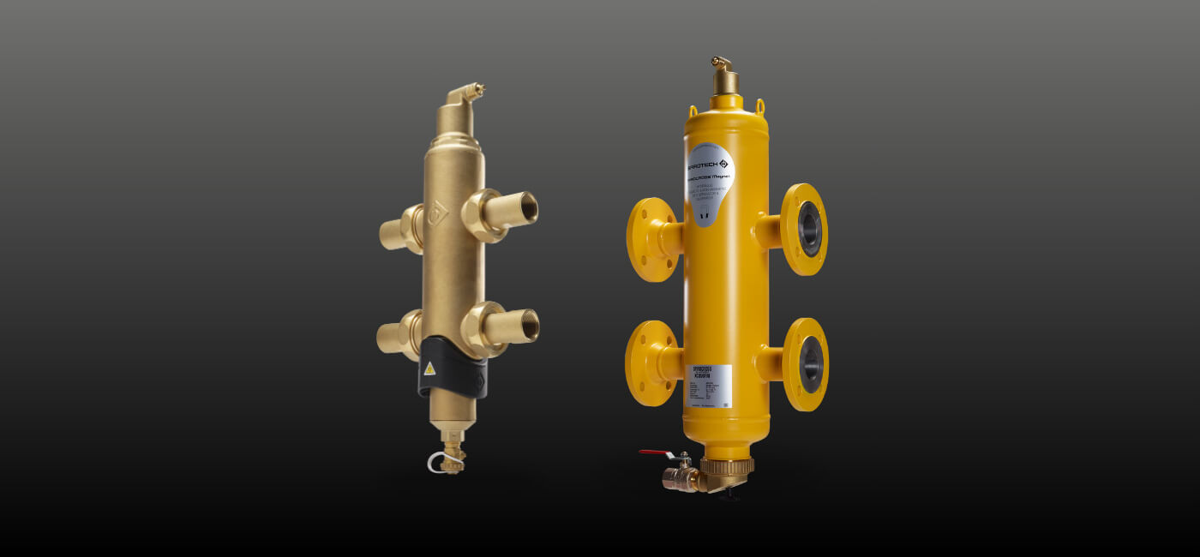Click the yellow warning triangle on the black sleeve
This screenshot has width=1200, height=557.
click(429, 369)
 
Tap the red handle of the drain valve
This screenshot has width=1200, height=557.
click(653, 452)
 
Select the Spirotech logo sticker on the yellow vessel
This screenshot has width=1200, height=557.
click(710, 171)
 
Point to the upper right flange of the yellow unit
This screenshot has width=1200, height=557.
click(804, 230)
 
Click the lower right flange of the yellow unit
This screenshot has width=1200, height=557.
click(805, 364)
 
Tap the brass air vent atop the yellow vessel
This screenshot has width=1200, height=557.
click(724, 77)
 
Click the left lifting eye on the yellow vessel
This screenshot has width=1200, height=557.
click(693, 110)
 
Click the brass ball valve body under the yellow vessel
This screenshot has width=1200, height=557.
click(681, 477)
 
